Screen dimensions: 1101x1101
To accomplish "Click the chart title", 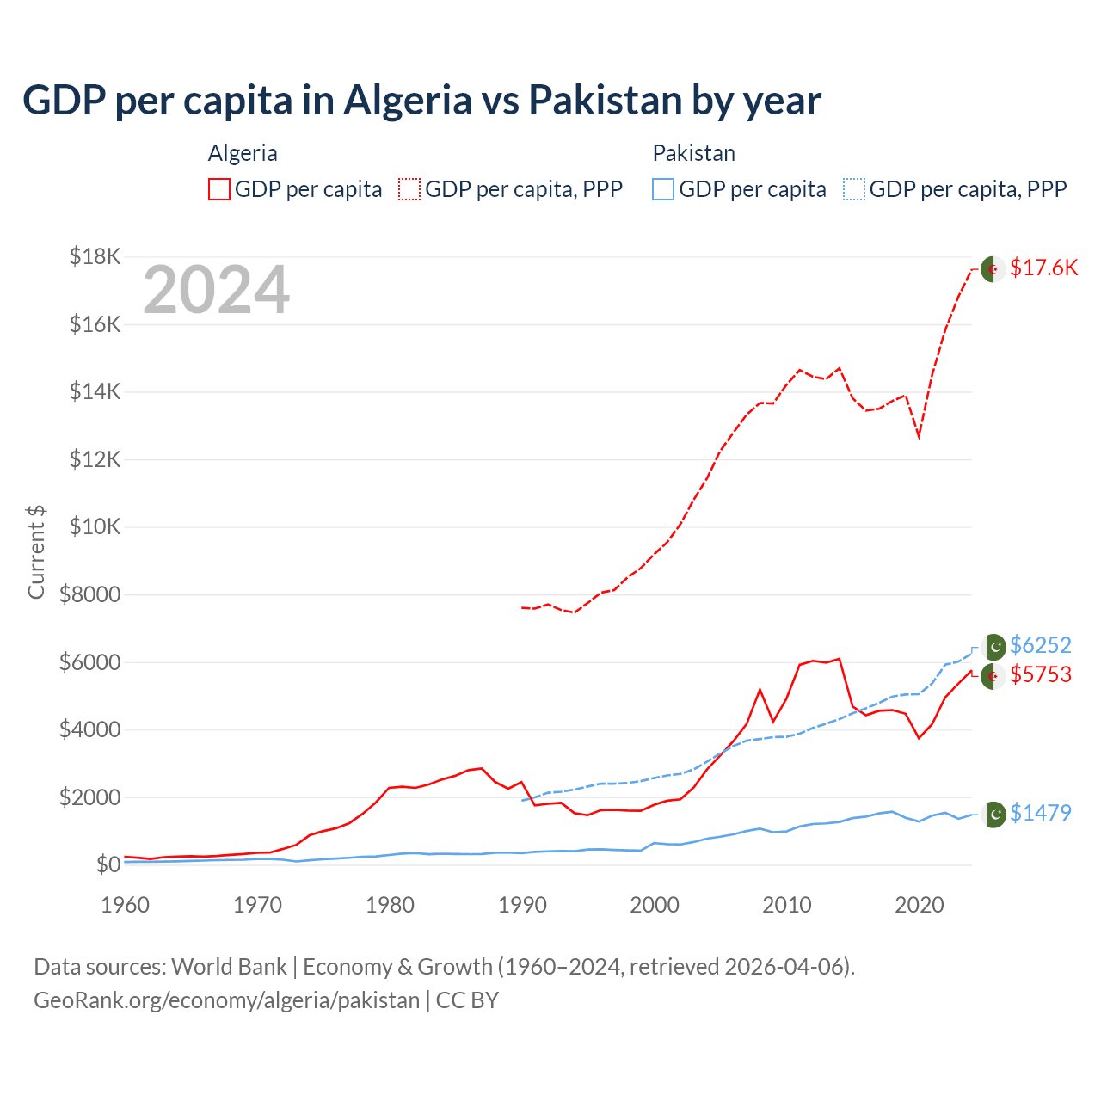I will [421, 101].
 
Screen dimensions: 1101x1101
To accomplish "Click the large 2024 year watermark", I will [216, 291].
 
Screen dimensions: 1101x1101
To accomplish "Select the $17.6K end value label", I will [1043, 268].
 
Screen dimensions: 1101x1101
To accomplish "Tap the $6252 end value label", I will [1041, 645].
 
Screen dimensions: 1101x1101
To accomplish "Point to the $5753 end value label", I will [1041, 674].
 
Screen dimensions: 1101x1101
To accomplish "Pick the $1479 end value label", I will [1041, 813].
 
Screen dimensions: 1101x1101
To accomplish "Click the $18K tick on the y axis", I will [95, 256].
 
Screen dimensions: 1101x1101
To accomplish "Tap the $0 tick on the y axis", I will [108, 864].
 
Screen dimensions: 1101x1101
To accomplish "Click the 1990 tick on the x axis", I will [522, 905].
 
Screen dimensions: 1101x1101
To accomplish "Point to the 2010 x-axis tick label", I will [787, 905].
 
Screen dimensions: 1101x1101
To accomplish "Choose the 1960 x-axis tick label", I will [126, 905].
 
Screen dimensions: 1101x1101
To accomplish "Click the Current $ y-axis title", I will [36, 552].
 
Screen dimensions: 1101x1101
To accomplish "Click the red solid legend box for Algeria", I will [219, 189].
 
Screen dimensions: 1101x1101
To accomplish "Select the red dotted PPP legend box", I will [409, 189].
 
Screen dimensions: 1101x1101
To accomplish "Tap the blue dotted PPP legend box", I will [854, 189].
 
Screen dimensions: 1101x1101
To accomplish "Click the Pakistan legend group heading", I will [693, 153].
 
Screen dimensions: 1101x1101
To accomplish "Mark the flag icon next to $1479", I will [993, 814].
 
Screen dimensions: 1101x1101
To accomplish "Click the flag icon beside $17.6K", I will [993, 268].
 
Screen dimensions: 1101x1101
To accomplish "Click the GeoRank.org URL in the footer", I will [226, 1000].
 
